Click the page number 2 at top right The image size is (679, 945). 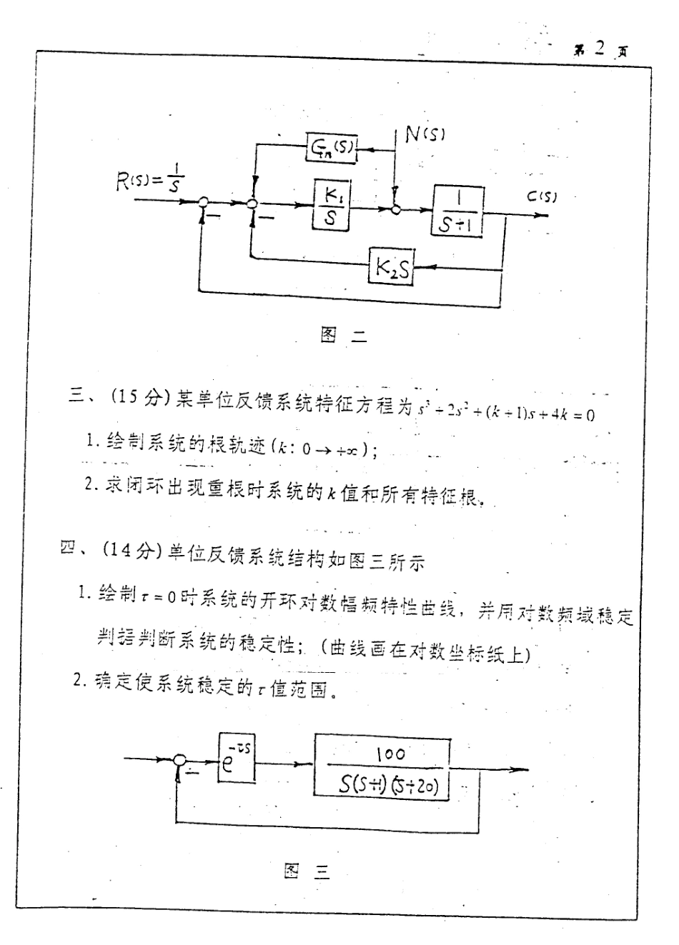pyautogui.click(x=599, y=49)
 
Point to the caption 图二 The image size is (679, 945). pyautogui.click(x=343, y=336)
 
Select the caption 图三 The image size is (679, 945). pyautogui.click(x=307, y=871)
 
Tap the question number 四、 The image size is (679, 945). pyautogui.click(x=73, y=549)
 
